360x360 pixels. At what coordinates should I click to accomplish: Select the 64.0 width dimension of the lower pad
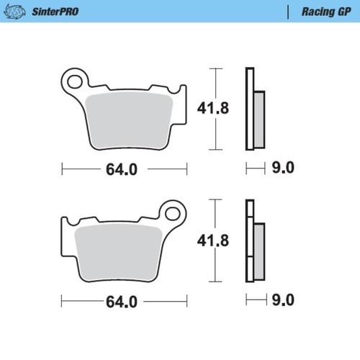tap(122, 302)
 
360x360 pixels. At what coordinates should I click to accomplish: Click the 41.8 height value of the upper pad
tap(213, 109)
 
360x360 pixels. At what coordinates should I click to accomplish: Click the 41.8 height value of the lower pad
tap(213, 242)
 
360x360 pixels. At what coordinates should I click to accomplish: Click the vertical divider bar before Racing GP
tap(289, 12)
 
